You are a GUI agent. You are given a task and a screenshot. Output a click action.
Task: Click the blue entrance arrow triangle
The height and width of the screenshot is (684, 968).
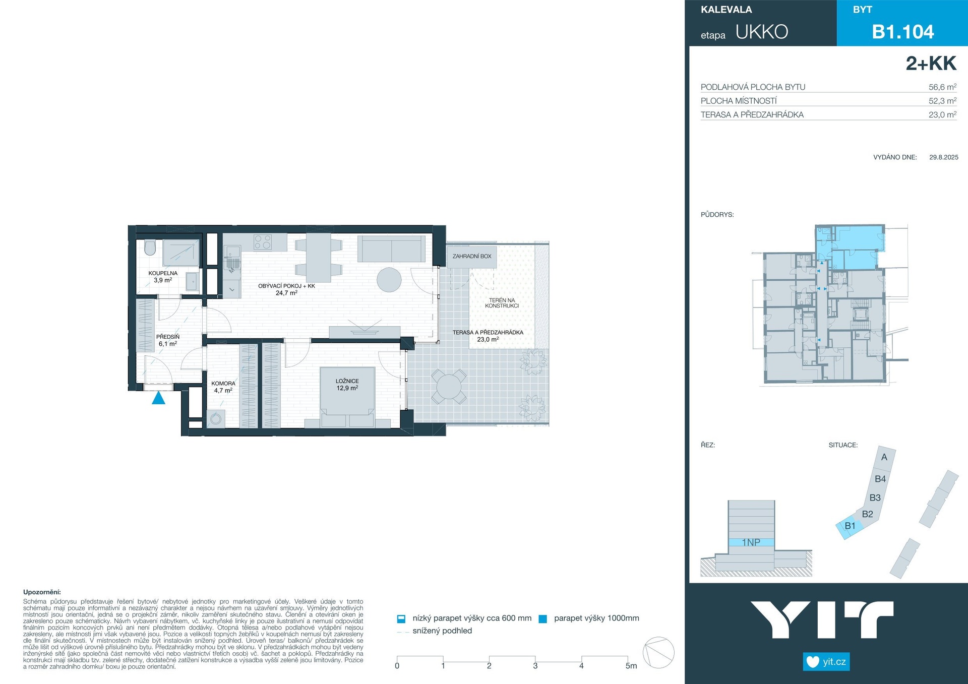click(x=159, y=398)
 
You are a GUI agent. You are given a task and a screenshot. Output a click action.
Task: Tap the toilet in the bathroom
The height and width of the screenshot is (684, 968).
click(x=150, y=247)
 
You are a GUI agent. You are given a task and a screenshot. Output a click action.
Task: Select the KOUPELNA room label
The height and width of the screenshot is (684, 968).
click(x=163, y=273)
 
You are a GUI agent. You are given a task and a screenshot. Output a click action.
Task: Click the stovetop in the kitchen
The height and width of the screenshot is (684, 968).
click(x=263, y=242)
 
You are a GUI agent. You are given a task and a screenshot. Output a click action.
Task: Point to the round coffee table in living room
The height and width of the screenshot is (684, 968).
click(x=389, y=279)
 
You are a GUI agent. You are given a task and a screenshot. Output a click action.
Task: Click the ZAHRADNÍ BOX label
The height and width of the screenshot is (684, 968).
click(x=472, y=256)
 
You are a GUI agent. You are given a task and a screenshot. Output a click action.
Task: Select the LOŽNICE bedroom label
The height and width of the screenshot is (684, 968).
click(x=347, y=381)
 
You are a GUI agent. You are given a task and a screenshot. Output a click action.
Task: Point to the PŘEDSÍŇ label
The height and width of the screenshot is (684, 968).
click(x=168, y=337)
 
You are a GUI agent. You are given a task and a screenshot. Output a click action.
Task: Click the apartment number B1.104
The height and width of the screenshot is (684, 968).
click(x=903, y=32)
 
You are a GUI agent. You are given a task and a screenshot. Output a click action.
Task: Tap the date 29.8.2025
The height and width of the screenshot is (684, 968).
click(x=944, y=157)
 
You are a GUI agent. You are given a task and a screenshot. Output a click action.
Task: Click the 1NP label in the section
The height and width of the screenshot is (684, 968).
click(x=751, y=542)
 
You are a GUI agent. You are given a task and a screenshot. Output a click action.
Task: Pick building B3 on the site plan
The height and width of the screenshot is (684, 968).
click(x=875, y=498)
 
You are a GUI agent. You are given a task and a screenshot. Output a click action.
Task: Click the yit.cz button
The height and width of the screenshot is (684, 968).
click(x=826, y=661)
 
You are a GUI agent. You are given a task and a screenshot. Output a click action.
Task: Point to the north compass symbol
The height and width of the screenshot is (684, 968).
click(x=659, y=653)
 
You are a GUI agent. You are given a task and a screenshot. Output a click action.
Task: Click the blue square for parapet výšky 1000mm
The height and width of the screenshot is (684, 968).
click(x=543, y=619)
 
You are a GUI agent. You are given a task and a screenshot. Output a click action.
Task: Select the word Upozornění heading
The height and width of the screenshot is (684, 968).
click(x=42, y=592)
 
